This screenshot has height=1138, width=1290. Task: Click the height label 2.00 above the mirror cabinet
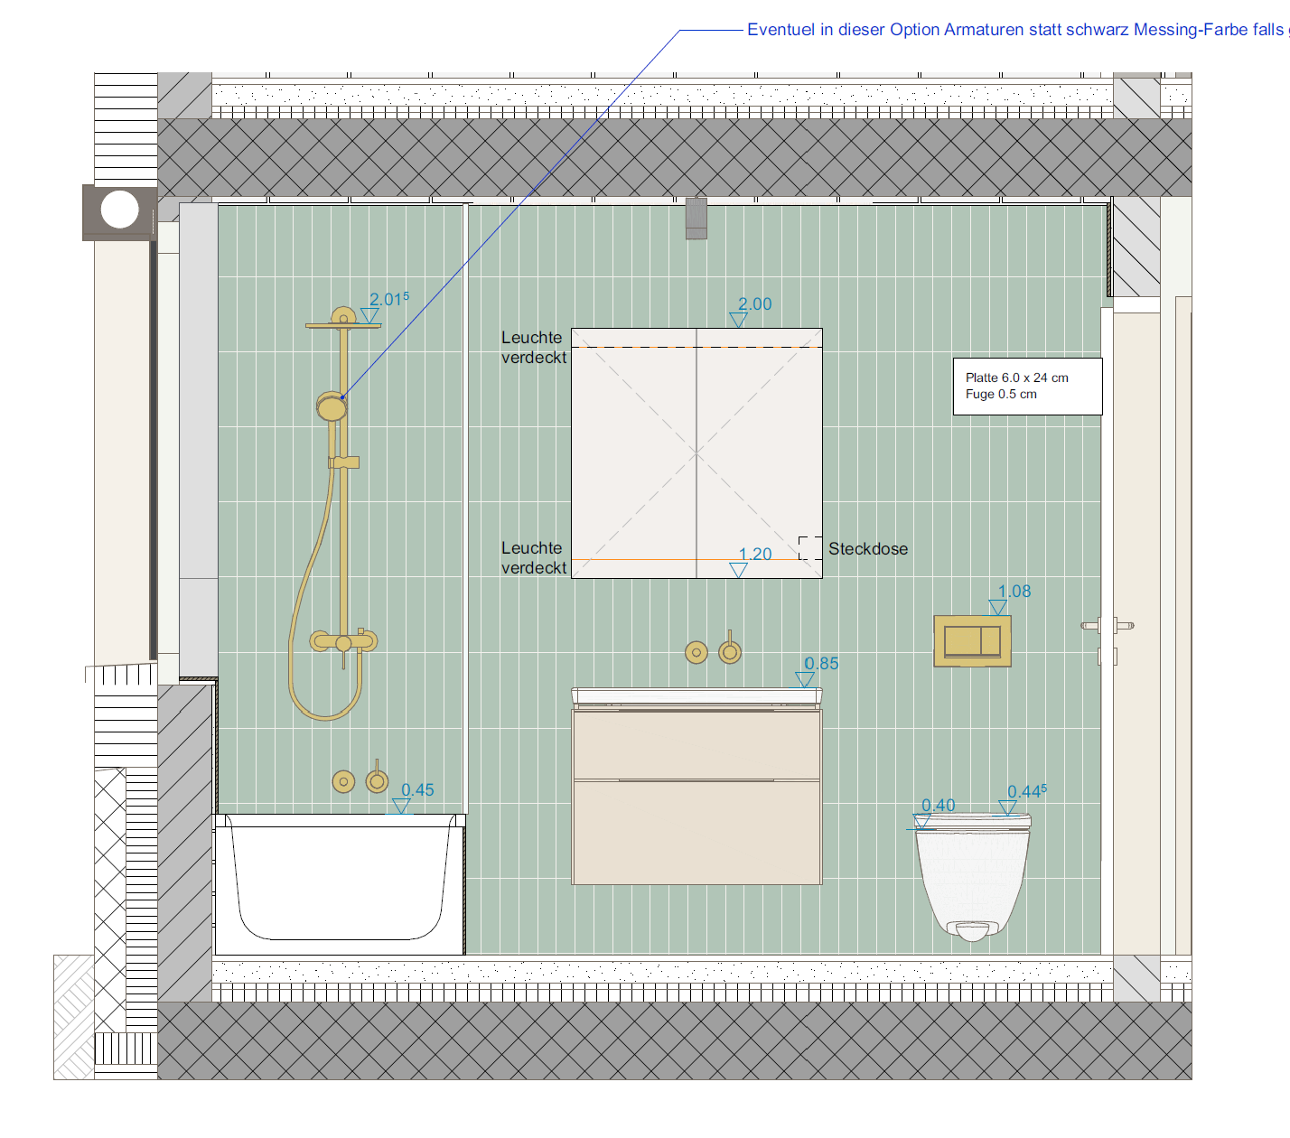pyautogui.click(x=754, y=304)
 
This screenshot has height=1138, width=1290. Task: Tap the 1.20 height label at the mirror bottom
pyautogui.click(x=755, y=554)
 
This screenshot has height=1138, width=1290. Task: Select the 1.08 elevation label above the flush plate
pyautogui.click(x=1014, y=592)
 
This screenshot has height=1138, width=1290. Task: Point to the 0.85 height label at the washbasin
pyautogui.click(x=821, y=664)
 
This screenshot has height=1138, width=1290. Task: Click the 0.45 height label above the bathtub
pyautogui.click(x=417, y=790)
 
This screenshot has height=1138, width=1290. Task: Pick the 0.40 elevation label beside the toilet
pyautogui.click(x=939, y=806)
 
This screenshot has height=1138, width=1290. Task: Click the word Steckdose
pyautogui.click(x=868, y=549)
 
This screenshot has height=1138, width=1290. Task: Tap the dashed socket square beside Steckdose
pyautogui.click(x=810, y=548)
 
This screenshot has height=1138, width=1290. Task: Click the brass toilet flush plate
pyautogui.click(x=972, y=641)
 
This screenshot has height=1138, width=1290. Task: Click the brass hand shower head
pyautogui.click(x=332, y=406)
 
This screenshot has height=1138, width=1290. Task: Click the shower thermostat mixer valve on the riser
pyautogui.click(x=344, y=641)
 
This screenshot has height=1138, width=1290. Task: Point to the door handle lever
pyautogui.click(x=1108, y=626)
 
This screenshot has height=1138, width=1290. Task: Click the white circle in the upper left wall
pyautogui.click(x=120, y=210)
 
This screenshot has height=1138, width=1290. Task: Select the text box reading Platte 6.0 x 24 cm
pyautogui.click(x=1028, y=387)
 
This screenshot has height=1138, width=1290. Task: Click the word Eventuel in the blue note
pyautogui.click(x=781, y=30)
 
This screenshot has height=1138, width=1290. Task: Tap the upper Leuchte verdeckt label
pyautogui.click(x=534, y=348)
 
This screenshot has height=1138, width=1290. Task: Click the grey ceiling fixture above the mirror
pyautogui.click(x=696, y=219)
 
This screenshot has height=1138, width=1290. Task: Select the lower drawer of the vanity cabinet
pyautogui.click(x=697, y=832)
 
